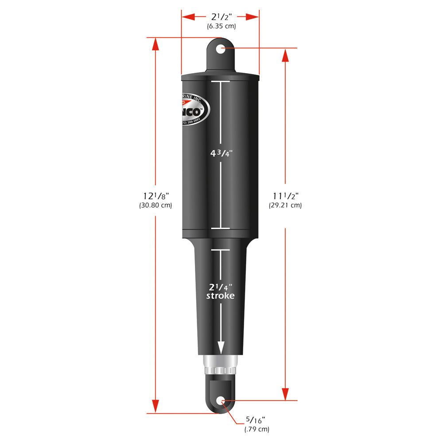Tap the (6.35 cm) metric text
click(221, 26)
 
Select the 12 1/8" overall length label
click(155, 196)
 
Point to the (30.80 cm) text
click(155, 205)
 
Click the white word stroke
click(220, 295)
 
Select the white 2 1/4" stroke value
click(220, 287)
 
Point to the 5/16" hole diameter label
click(256, 420)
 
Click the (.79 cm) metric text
click(256, 429)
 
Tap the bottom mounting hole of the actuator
click(221, 401)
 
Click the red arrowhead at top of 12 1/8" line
click(155, 44)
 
